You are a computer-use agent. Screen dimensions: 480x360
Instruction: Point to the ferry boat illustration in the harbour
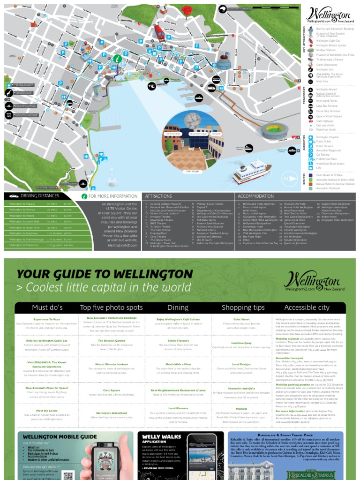[x=252, y=171]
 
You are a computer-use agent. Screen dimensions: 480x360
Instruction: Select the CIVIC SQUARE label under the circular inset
[x=192, y=172]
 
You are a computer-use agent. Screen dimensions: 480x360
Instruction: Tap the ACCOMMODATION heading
[x=255, y=196]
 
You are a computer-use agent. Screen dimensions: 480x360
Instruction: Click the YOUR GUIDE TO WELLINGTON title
[x=105, y=274]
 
